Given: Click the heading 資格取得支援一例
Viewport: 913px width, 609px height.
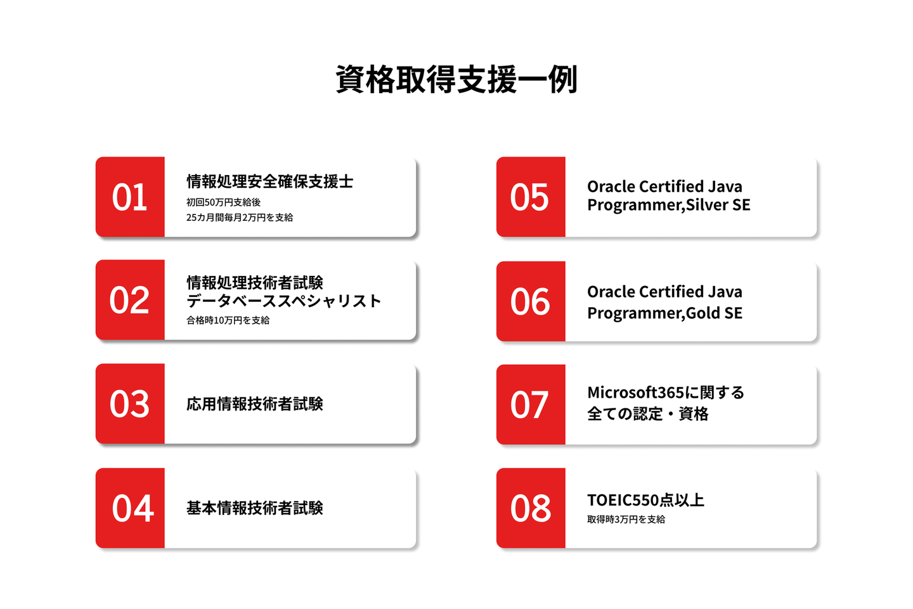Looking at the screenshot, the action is coord(456,79).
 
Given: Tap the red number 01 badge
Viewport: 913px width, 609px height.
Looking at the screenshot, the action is coord(130,197).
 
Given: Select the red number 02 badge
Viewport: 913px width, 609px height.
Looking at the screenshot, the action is coord(130,300).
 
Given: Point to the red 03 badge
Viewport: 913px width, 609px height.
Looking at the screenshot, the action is coord(130,403).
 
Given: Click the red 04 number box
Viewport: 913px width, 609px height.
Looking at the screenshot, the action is coord(130,508).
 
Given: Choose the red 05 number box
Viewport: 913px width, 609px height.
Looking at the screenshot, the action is coord(531,197).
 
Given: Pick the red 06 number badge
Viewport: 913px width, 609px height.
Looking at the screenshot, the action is coord(531,301).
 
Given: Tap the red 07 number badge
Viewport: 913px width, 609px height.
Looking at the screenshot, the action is coord(531,404).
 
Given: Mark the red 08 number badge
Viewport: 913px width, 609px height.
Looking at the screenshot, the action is coord(531,508).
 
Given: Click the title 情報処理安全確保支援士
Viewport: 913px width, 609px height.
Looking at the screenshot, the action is coord(270,181).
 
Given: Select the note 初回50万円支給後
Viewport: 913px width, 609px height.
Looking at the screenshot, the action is coord(223,202).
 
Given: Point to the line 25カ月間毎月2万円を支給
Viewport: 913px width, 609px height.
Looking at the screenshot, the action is coord(240,218).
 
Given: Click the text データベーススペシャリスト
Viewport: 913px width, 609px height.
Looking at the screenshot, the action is coord(283,301).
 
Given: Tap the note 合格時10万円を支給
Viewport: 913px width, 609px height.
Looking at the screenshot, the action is coord(228,320).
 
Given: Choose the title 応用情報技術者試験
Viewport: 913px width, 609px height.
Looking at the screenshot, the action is coord(255,404).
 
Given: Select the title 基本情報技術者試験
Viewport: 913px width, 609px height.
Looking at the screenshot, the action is coord(255,508).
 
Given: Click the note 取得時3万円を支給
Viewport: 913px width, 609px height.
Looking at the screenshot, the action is coord(626,520).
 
